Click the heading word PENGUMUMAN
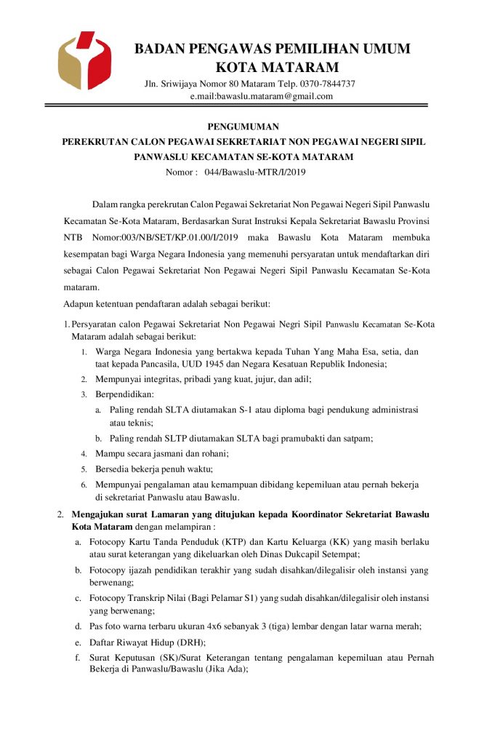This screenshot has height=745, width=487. click(243, 127)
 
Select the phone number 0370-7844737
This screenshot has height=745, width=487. click(326, 84)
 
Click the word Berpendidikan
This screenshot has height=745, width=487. click(120, 394)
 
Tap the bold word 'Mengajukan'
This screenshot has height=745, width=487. click(102, 514)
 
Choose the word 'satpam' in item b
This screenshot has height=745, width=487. click(358, 438)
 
